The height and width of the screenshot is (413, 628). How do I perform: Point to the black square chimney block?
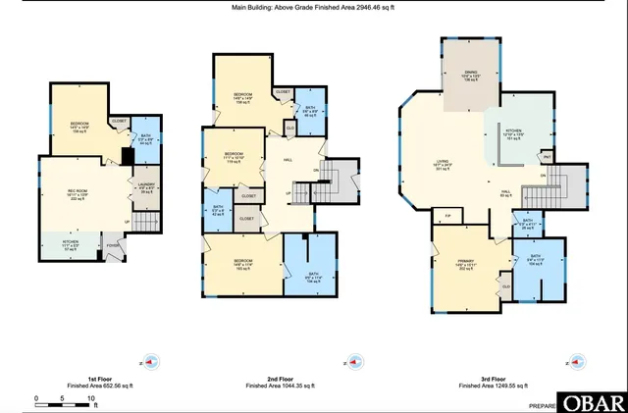[x=127, y=155]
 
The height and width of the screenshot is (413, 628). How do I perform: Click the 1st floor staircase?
[x=145, y=225]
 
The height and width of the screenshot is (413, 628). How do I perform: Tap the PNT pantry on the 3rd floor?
[x=547, y=157]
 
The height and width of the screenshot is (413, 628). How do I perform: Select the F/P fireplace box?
[x=447, y=214]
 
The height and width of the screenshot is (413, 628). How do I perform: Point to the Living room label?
[x=443, y=165]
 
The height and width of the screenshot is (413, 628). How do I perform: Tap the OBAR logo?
[x=594, y=402]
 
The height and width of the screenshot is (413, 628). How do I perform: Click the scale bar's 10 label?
[x=91, y=399]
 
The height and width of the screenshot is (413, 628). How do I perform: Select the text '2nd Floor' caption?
[x=280, y=378]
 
